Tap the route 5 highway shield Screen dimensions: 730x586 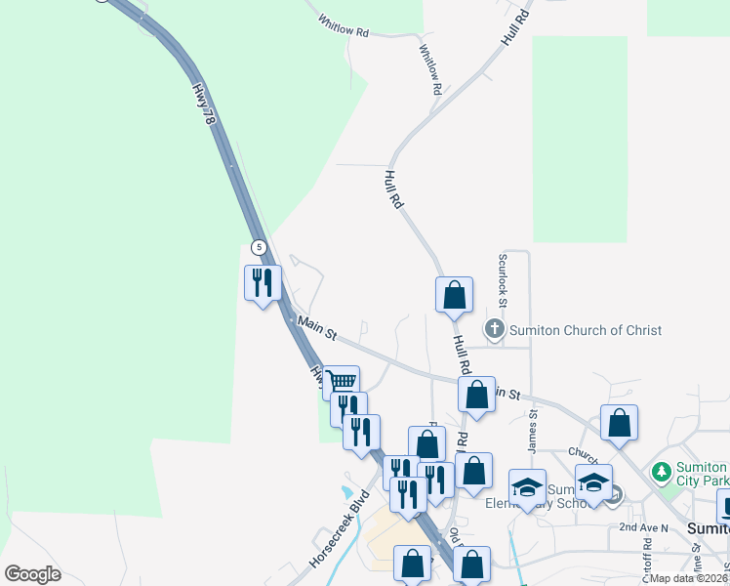pos(258,247)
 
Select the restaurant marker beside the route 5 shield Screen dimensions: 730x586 pos(263,283)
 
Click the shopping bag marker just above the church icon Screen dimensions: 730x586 pos(454,295)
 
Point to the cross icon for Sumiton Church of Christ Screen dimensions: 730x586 pos(495,330)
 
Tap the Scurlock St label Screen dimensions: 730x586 pos(504,274)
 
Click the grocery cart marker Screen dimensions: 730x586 pos(341,382)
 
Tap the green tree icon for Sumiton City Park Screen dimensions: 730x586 pos(661,472)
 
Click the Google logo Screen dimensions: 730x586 pos(33,574)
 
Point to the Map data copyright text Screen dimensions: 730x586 pos(689,578)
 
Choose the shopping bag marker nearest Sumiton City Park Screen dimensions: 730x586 pos(619,423)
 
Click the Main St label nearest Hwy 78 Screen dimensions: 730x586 pos(317,328)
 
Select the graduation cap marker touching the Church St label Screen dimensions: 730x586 pos(593,482)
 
